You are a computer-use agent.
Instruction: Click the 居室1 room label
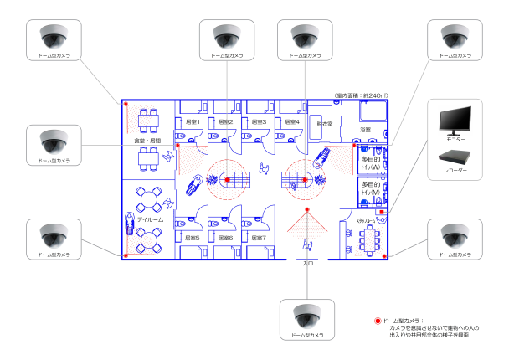192,122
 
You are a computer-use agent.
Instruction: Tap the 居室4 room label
291,122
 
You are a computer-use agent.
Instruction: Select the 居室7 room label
259,237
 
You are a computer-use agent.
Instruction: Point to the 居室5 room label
192,237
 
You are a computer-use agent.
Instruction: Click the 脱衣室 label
324,124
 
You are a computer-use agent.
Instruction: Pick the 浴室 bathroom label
364,130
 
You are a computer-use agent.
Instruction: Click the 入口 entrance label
307,263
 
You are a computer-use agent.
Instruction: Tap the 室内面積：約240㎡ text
361,95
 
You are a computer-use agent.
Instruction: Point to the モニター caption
455,140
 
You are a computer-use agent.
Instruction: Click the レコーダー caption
455,171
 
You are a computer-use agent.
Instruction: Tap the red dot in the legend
378,321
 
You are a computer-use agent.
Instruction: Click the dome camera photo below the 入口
308,316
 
